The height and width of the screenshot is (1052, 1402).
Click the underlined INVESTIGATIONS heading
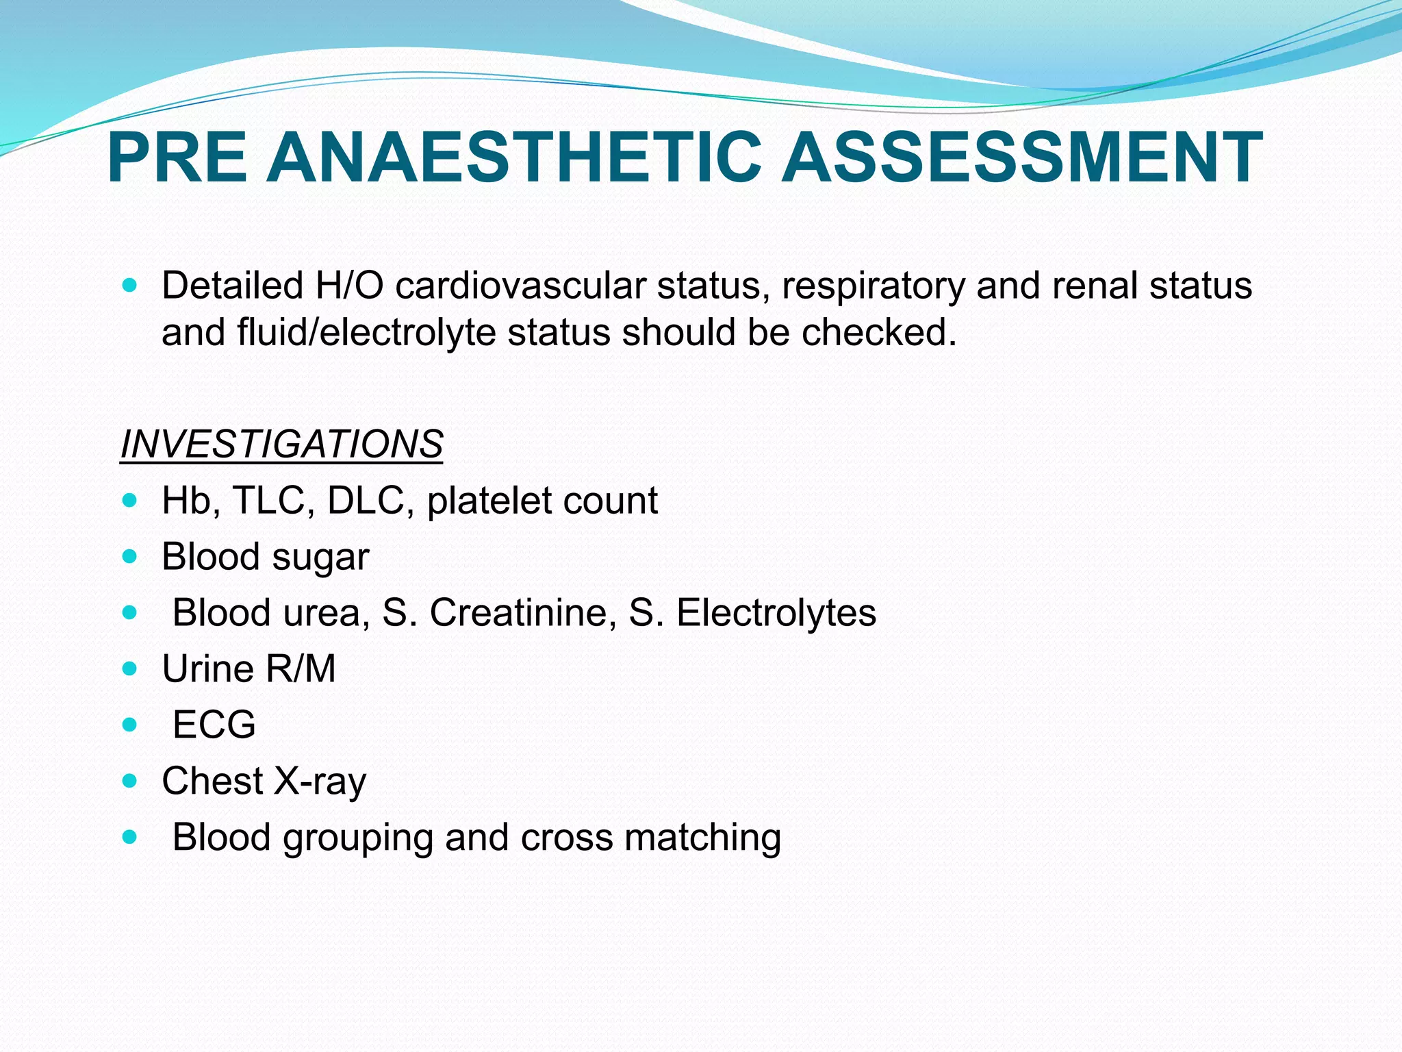(x=281, y=444)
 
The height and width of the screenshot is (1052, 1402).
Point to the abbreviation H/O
(x=349, y=286)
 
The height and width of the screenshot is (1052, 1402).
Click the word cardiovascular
(x=520, y=286)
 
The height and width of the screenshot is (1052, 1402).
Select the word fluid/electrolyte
(x=366, y=334)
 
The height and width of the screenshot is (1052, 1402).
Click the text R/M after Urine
(x=301, y=668)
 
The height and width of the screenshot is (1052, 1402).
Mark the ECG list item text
(x=214, y=725)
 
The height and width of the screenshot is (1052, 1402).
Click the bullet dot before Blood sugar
(x=129, y=556)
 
